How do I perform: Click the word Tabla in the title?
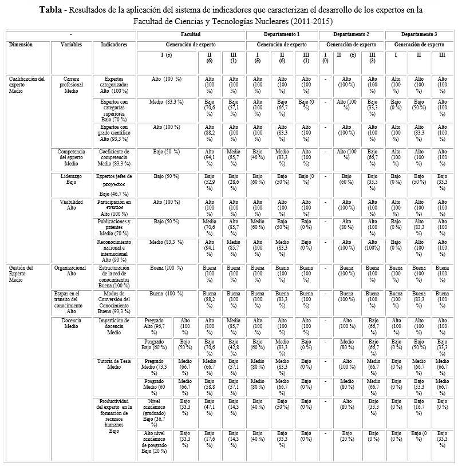[53, 10]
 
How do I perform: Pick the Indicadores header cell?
[114, 45]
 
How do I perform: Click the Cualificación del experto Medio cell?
[26, 85]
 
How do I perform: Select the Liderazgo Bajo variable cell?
[71, 180]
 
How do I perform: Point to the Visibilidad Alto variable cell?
[71, 204]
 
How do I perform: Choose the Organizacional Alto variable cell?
[70, 270]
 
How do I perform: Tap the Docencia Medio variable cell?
[71, 323]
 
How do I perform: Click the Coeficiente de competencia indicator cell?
[114, 157]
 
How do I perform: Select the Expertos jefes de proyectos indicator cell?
[114, 184]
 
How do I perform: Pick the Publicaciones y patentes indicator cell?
[114, 227]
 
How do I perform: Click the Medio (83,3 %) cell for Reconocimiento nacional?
[165, 243]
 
